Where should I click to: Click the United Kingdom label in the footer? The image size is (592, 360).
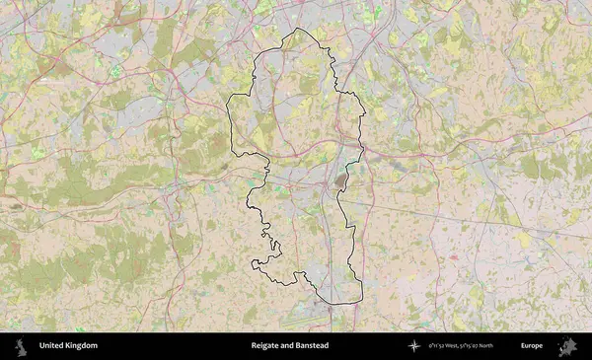tap(68, 346)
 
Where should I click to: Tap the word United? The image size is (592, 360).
tap(52, 346)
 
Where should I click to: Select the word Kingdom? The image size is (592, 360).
tap(82, 346)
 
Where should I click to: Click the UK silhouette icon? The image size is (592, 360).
tap(20, 346)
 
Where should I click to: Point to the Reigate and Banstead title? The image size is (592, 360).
tap(289, 346)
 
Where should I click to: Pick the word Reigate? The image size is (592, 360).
tap(265, 346)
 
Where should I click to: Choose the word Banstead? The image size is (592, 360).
tap(312, 346)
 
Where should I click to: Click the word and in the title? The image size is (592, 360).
tap(287, 346)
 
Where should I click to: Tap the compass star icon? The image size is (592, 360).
tap(414, 346)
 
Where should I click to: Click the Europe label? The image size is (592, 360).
tap(532, 346)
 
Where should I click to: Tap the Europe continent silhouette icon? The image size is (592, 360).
tap(566, 346)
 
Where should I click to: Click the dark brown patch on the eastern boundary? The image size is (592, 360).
tap(341, 180)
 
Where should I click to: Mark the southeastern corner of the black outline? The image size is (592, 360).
tap(361, 301)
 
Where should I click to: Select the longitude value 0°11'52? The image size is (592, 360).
tap(439, 346)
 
